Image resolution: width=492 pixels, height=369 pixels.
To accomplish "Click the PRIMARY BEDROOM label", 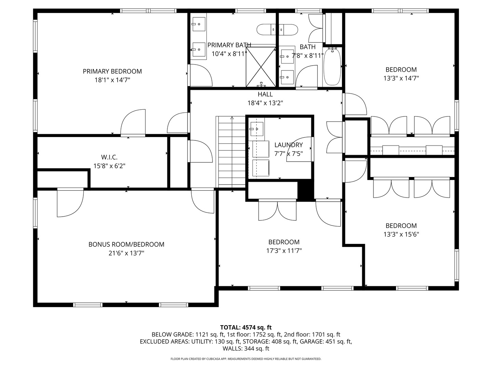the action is pyautogui.click(x=112, y=71).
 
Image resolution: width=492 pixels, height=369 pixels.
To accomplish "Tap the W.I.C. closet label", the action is pyautogui.click(x=109, y=157).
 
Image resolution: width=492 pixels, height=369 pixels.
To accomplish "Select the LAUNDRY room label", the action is pyautogui.click(x=288, y=145).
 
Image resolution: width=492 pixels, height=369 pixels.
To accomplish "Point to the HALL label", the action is pyautogui.click(x=265, y=94).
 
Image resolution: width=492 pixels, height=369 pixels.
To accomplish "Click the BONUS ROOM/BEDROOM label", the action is pyautogui.click(x=126, y=244).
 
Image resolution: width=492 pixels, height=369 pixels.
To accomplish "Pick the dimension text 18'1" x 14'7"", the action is pyautogui.click(x=112, y=80).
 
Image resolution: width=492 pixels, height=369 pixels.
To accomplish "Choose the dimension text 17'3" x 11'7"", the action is pyautogui.click(x=284, y=250).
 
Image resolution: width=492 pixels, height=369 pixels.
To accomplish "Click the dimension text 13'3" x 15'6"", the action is pyautogui.click(x=401, y=234).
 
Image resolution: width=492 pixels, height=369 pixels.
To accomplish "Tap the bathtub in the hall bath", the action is pyautogui.click(x=332, y=67).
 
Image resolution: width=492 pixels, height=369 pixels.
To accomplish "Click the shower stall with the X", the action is pyautogui.click(x=261, y=67).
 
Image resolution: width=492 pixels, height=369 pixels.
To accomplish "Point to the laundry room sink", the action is pyautogui.click(x=257, y=129).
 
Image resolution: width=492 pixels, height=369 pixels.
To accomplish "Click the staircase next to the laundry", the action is pyautogui.click(x=231, y=152).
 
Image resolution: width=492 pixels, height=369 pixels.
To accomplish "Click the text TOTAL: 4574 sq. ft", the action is pyautogui.click(x=246, y=328).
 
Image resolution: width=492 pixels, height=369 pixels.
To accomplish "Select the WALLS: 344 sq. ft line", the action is pyautogui.click(x=246, y=348).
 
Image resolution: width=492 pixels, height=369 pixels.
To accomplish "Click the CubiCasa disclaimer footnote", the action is pyautogui.click(x=246, y=359).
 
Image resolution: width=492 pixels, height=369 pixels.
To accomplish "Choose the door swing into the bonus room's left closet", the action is pyautogui.click(x=70, y=203).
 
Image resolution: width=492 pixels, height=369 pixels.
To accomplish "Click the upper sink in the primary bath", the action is pyautogui.click(x=199, y=24).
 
